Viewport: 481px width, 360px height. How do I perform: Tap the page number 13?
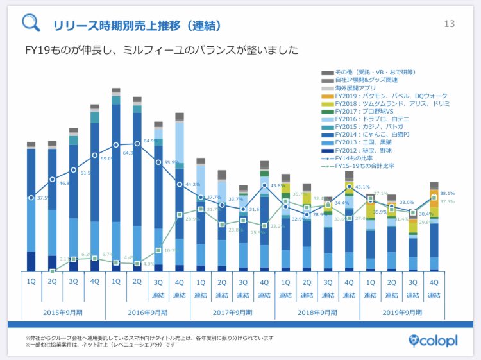point(449,24)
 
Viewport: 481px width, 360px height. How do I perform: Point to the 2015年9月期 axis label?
point(62,313)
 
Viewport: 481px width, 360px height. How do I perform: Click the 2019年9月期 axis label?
point(402,313)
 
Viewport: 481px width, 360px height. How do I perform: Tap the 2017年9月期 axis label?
point(232,313)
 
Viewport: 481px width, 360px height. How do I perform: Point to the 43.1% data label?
point(362,187)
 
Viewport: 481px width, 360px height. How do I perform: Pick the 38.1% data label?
point(447,193)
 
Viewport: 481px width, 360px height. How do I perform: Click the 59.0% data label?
point(106,159)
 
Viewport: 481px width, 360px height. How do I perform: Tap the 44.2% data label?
point(193,185)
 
